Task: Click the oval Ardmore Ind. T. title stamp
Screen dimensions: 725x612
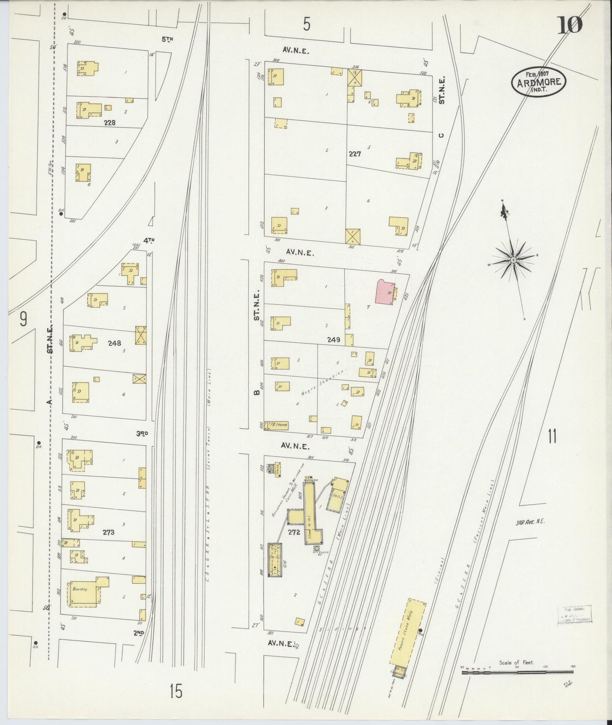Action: click(x=539, y=82)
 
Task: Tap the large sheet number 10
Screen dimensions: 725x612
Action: click(x=570, y=25)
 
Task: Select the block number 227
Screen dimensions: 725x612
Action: click(x=355, y=154)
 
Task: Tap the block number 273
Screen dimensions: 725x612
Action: click(x=108, y=533)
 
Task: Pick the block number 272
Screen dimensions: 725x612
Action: click(x=294, y=532)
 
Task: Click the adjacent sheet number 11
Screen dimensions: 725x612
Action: click(x=552, y=436)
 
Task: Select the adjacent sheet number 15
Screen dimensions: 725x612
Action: click(x=176, y=691)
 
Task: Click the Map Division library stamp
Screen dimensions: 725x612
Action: click(x=574, y=614)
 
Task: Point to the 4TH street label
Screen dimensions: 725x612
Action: click(x=148, y=240)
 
